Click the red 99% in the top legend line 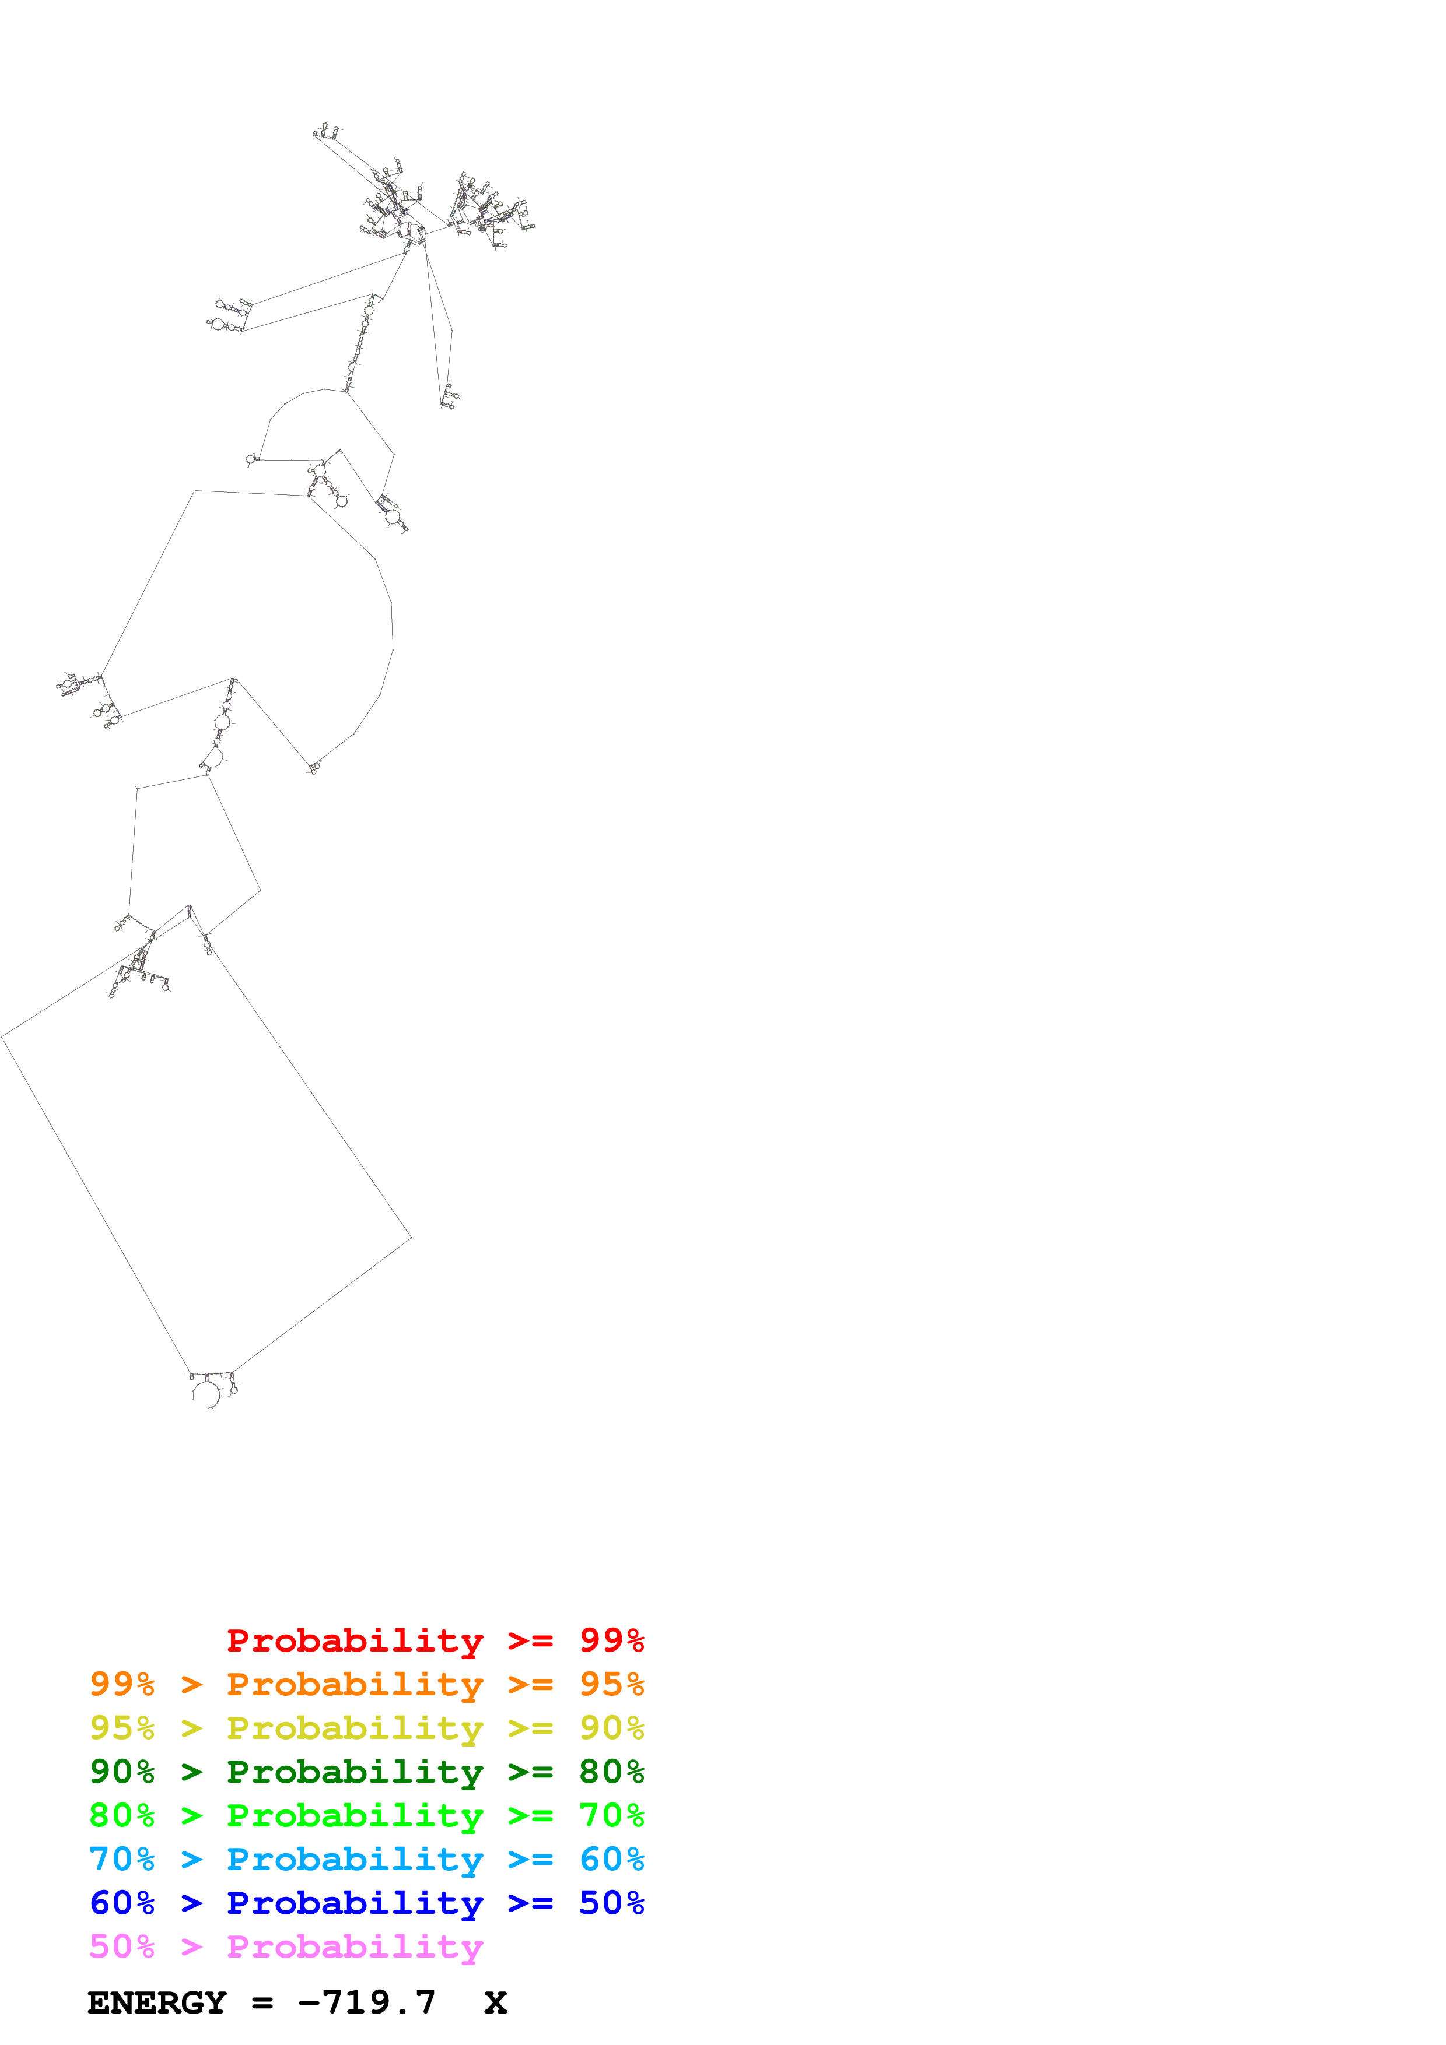click(x=611, y=1640)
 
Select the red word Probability click(x=355, y=1640)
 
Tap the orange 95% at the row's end click(x=611, y=1684)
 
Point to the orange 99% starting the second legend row click(x=122, y=1684)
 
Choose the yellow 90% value click(x=611, y=1727)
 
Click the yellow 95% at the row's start click(x=122, y=1727)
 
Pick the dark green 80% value click(x=611, y=1772)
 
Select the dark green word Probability click(x=355, y=1772)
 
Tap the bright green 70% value click(x=611, y=1815)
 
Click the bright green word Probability click(x=355, y=1815)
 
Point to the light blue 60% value click(x=611, y=1859)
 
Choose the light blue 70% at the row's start click(x=122, y=1859)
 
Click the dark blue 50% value click(x=611, y=1903)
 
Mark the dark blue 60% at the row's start click(x=122, y=1903)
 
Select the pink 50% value click(x=122, y=1946)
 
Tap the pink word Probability click(x=355, y=1946)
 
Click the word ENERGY click(x=157, y=2003)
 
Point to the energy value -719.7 click(x=367, y=2003)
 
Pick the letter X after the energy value click(x=495, y=2003)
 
